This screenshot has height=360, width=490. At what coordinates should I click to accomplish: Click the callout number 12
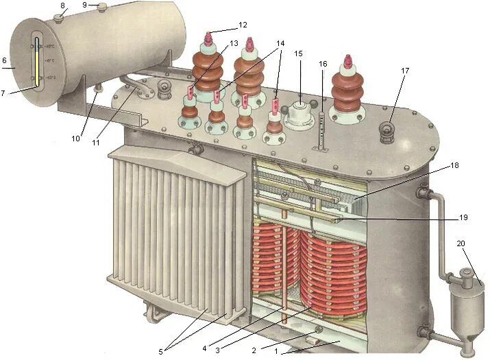coord(243,25)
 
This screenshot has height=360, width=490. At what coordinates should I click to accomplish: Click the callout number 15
coord(298,72)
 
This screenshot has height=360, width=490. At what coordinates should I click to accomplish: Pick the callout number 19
coord(463,217)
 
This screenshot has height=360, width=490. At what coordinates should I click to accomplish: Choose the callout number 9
coord(85,4)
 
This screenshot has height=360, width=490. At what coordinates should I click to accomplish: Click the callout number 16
coord(323,64)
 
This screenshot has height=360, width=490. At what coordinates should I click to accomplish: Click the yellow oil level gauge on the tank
coord(36,65)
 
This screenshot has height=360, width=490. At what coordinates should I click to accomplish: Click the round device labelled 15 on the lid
coord(298,113)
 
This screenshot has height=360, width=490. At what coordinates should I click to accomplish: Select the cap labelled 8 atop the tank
coord(60,16)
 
